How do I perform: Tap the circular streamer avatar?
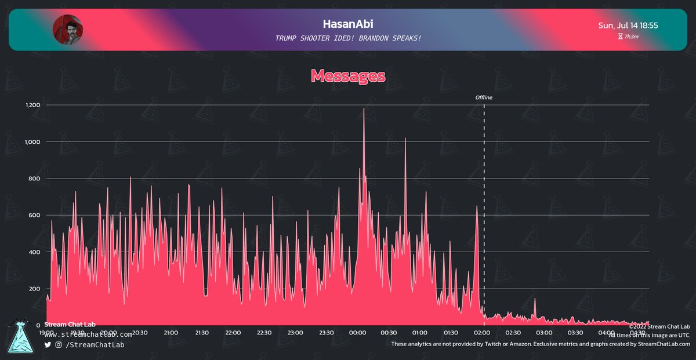[67, 30]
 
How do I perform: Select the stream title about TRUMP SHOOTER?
[348, 38]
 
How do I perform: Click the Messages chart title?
[348, 75]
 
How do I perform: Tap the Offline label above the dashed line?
[484, 97]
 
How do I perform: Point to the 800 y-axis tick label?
[34, 179]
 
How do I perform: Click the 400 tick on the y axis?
[34, 252]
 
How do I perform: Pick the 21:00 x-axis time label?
[171, 333]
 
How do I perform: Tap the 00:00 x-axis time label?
[357, 333]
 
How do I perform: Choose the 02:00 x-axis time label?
[482, 333]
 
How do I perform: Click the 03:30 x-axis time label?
[575, 333]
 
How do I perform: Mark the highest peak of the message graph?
[364, 109]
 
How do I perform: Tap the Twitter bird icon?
[48, 345]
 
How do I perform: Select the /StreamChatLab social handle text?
[94, 345]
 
